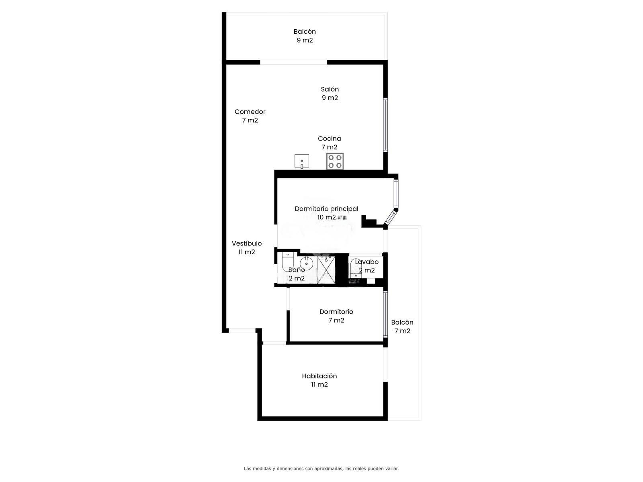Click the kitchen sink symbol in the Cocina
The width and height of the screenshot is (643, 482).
coord(301,161)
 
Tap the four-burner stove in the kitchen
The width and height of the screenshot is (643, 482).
coord(335,161)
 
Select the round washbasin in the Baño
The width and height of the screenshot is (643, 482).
coord(307,263)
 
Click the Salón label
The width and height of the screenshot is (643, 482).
coord(330,89)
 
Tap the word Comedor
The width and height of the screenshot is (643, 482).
coord(250,112)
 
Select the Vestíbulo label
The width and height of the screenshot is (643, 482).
coord(247,243)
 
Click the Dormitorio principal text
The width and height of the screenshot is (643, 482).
coord(326,209)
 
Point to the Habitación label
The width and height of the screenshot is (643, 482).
coord(319,376)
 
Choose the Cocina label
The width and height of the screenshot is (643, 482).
coord(329,139)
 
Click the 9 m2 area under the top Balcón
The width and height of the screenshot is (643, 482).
coord(305,41)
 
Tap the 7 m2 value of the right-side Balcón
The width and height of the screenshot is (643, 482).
coord(402,331)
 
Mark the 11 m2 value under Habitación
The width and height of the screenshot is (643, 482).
coord(319,384)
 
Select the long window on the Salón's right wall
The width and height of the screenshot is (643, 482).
coord(385,125)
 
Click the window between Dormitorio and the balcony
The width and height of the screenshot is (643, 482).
coord(385,314)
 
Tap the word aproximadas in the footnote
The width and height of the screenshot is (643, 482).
coord(328,468)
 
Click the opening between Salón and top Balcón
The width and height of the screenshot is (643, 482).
coord(293,62)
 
